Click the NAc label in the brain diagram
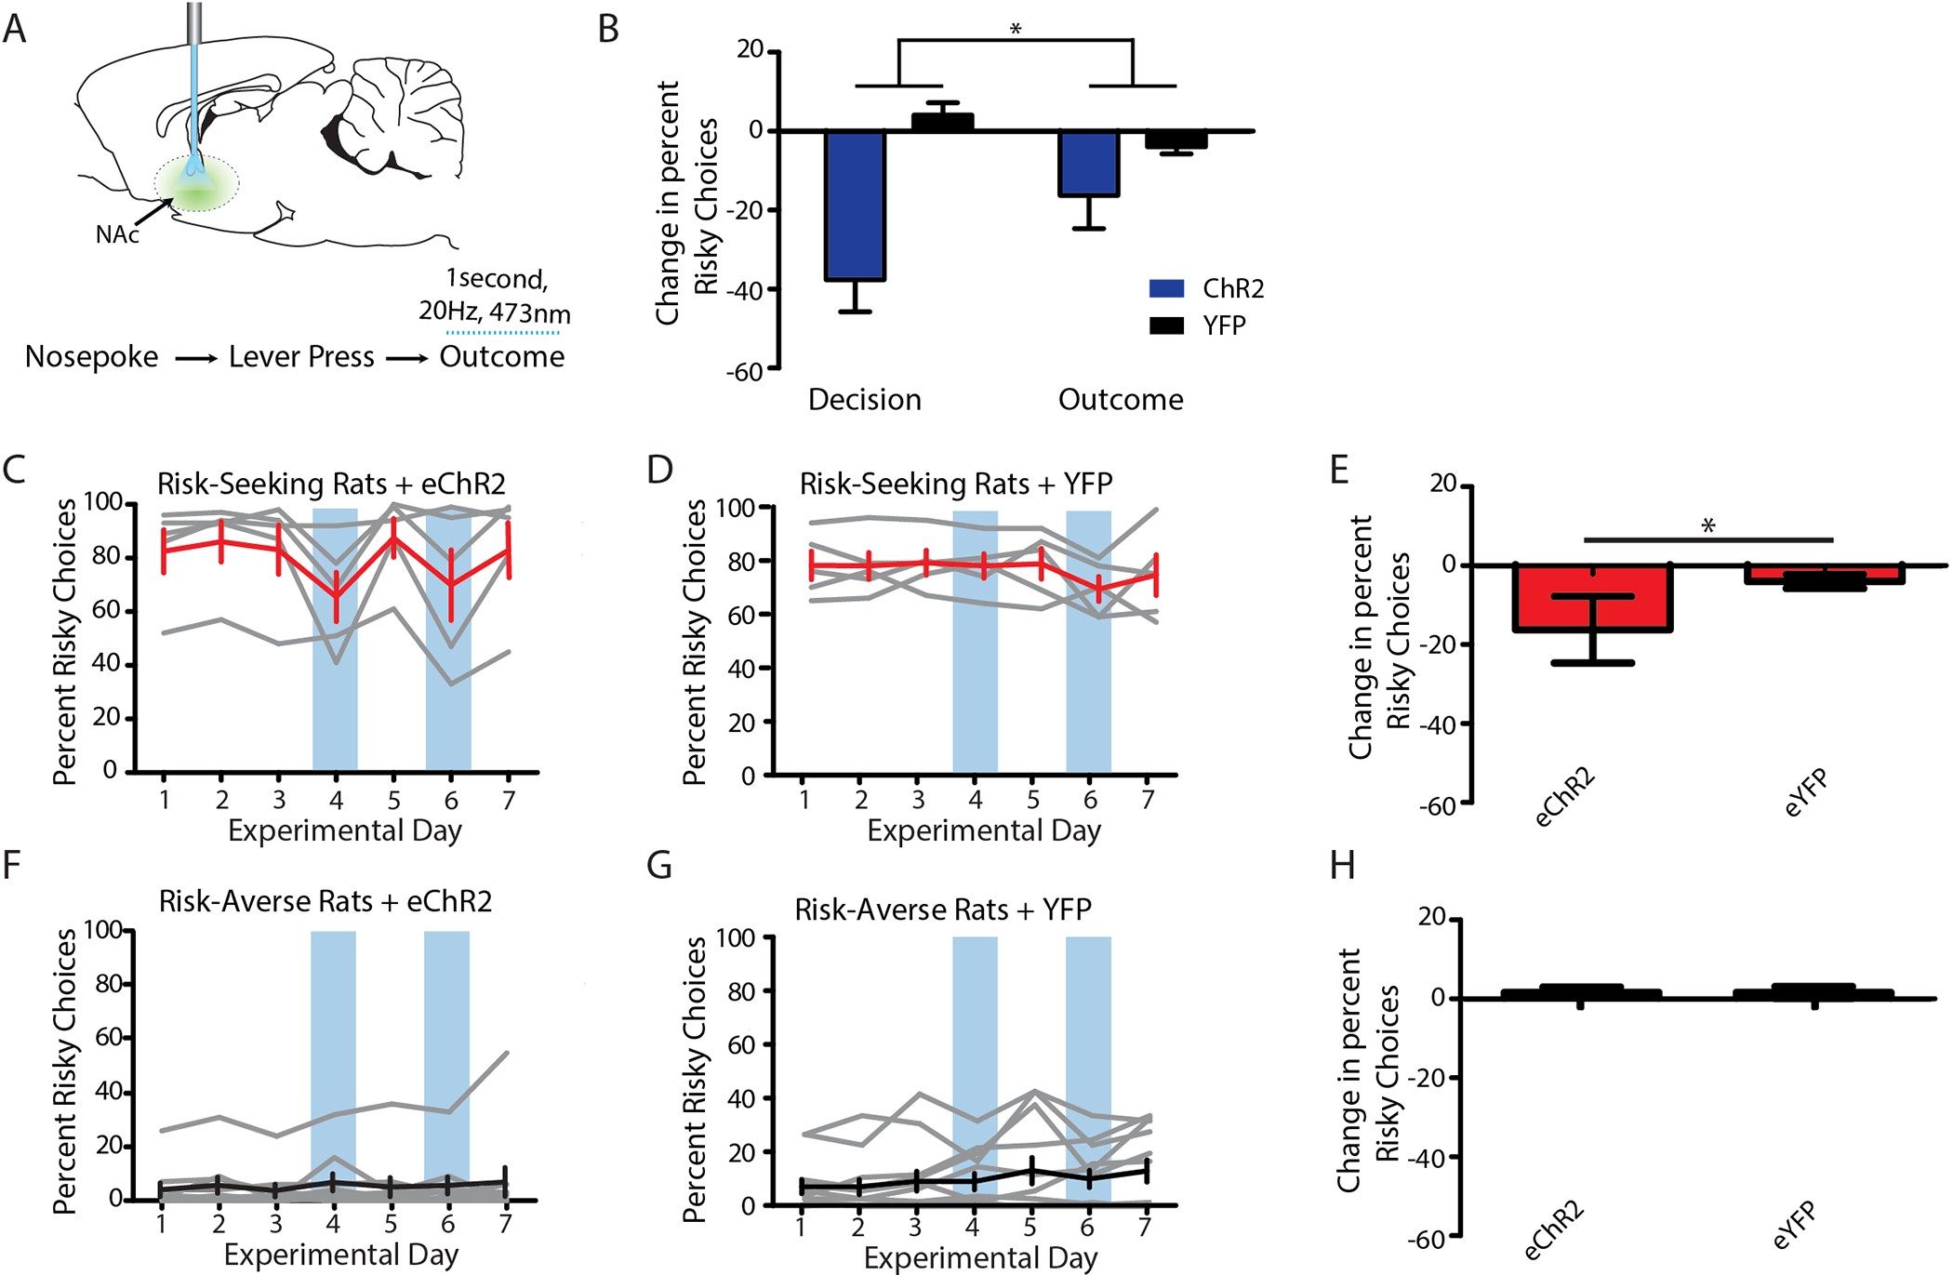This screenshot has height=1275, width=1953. (117, 234)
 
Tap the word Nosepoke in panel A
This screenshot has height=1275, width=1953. (91, 357)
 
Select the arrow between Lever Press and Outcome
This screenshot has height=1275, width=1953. (406, 358)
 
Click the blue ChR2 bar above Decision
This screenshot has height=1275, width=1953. (855, 205)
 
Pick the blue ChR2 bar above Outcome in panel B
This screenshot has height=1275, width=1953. (1089, 164)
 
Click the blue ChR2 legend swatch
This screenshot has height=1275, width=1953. (1166, 288)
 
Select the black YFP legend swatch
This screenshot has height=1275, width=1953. (1166, 325)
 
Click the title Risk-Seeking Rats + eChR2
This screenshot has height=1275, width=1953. (331, 484)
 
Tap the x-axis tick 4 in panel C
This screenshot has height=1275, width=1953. (336, 800)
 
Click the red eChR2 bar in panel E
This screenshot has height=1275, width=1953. (1592, 600)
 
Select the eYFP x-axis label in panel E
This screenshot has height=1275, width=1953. (1806, 793)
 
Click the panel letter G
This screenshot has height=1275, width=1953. (658, 866)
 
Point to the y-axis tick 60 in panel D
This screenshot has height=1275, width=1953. (740, 615)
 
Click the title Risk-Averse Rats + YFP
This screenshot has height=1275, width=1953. (942, 909)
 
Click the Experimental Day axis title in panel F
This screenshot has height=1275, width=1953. (341, 1255)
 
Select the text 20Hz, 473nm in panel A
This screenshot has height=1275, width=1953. (495, 312)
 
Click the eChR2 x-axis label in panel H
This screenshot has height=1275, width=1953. (1555, 1230)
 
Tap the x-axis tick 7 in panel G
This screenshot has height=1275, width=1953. (1145, 1228)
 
